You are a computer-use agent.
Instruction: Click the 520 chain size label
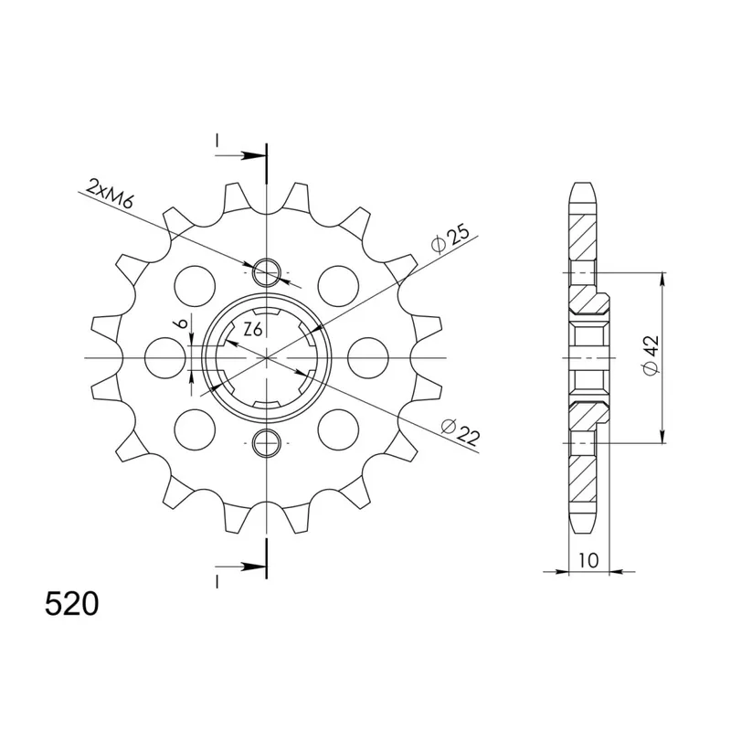[72, 604]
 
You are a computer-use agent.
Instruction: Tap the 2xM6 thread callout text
[110, 194]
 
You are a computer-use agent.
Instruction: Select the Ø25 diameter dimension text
[450, 238]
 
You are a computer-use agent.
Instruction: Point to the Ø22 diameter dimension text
[461, 431]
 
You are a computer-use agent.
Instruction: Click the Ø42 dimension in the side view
[651, 355]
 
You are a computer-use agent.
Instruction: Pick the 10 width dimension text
[588, 560]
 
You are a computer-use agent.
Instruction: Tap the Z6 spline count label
[253, 330]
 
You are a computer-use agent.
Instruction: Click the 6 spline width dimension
[183, 323]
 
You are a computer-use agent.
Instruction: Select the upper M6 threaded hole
[266, 271]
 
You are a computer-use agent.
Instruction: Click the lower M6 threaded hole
[266, 442]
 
